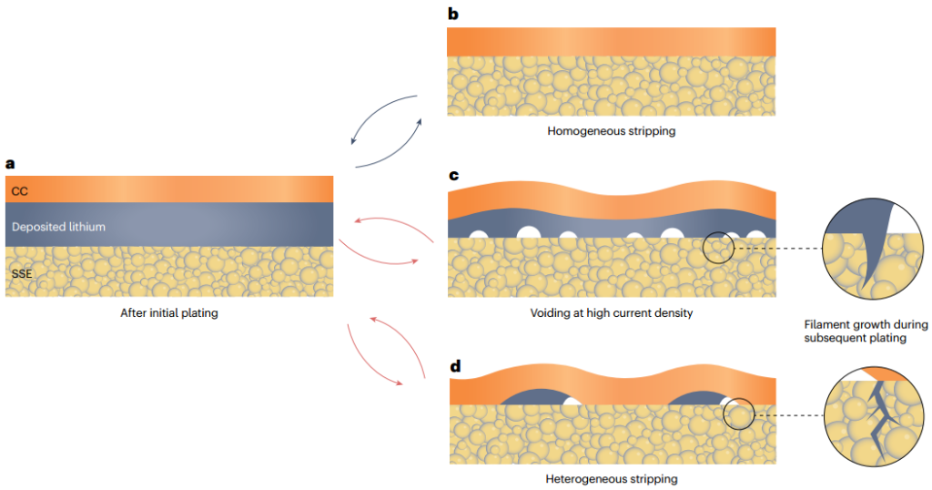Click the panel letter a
click(x=10, y=164)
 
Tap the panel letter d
click(x=454, y=367)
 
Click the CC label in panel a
click(x=20, y=191)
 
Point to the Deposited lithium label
click(x=58, y=226)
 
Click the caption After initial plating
click(x=168, y=313)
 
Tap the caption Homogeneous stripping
click(x=611, y=130)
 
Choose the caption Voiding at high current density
click(x=611, y=313)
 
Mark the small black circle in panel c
click(x=718, y=248)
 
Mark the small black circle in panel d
click(x=739, y=413)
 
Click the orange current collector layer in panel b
click(x=611, y=42)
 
